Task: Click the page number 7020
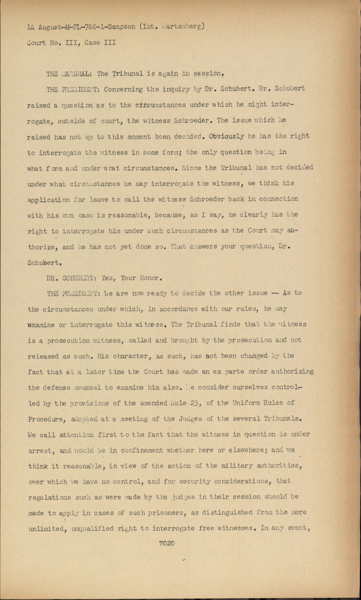(167, 543)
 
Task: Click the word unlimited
(45, 528)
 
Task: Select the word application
(49, 199)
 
